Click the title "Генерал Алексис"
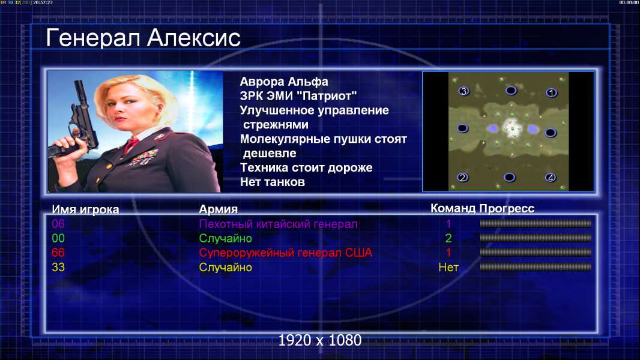(x=143, y=38)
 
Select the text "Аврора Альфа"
(x=283, y=82)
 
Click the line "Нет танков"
(x=272, y=182)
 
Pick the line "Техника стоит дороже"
(x=306, y=167)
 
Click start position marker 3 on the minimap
(x=463, y=91)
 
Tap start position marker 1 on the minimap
(x=551, y=93)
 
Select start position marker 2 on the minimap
(x=462, y=178)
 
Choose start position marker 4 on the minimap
(x=551, y=178)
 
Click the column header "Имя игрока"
(x=85, y=209)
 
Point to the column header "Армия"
(x=218, y=209)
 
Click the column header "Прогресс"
(x=507, y=208)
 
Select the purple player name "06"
(x=58, y=224)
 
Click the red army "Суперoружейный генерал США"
(x=286, y=253)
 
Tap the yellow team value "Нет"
(x=448, y=268)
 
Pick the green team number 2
(x=448, y=238)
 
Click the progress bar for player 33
(x=536, y=268)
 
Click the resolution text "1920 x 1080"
(x=320, y=340)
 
